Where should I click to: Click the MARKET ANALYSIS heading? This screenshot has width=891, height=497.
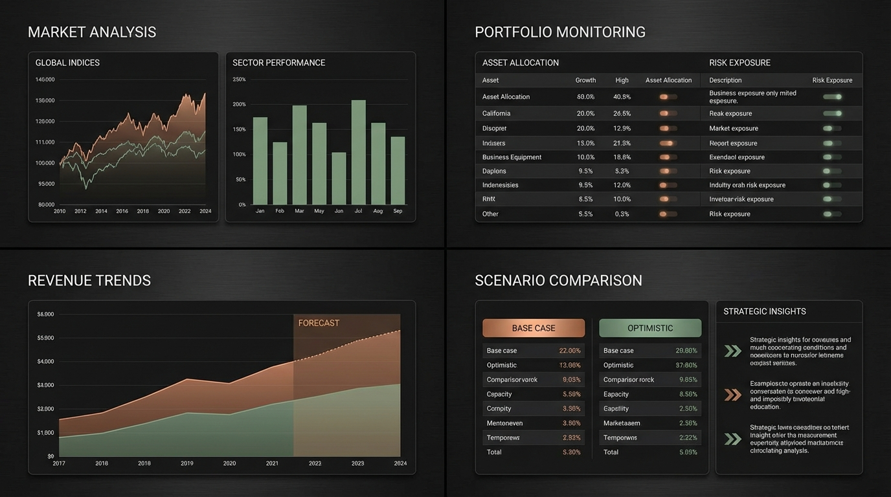pos(92,32)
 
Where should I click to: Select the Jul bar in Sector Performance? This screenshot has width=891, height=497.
pos(358,153)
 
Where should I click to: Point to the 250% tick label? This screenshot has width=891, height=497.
pos(239,80)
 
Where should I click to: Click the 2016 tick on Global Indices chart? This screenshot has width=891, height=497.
pos(122,211)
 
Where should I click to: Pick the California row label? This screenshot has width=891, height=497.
pos(496,113)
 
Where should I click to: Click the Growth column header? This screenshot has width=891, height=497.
pos(585,80)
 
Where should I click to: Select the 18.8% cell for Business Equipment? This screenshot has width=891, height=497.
pos(622,157)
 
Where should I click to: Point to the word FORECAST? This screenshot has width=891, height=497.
pos(319,323)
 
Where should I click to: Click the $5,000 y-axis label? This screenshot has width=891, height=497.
pos(45,338)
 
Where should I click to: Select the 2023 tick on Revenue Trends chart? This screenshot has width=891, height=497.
pos(357,463)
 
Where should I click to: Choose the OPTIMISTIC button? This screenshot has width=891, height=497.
pos(650,328)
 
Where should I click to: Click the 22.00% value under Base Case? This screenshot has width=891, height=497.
pos(570,351)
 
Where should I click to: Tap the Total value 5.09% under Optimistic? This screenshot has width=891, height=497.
pos(687,452)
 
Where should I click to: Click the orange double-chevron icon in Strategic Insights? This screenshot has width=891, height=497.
pos(732,395)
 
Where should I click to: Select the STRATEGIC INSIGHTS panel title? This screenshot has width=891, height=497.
pos(764,311)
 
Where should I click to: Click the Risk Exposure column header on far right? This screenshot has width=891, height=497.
pos(832,80)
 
